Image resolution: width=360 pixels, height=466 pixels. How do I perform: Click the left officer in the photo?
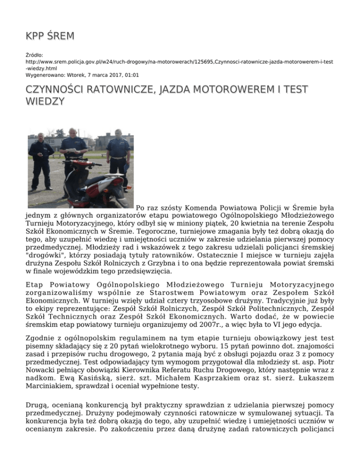41,159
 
